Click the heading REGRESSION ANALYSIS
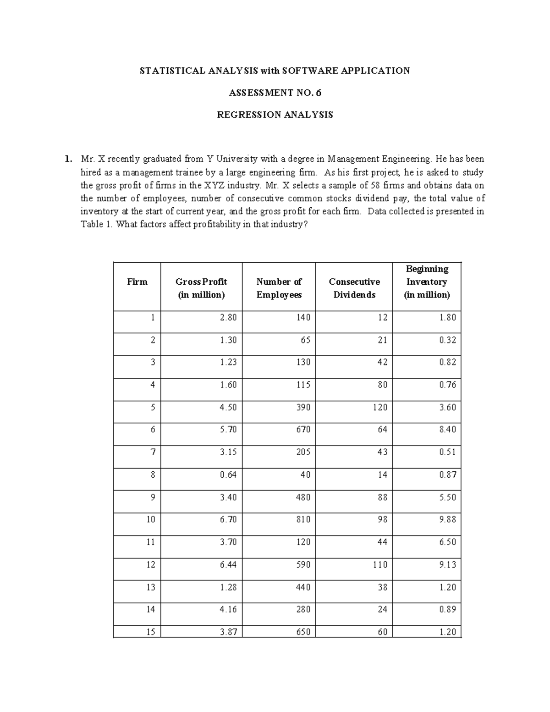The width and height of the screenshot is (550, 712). pos(275,115)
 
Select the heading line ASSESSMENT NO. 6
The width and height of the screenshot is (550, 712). pos(275,93)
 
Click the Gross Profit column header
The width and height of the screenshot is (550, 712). pos(201,288)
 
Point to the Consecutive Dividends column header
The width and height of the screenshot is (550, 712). pos(354,288)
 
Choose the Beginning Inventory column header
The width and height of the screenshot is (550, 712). pos(427,281)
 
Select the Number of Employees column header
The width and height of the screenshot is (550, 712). pos(279,288)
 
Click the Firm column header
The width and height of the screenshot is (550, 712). pos(137,281)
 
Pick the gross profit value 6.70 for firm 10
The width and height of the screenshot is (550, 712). pos(228,519)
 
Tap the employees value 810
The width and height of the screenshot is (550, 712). pos(303,519)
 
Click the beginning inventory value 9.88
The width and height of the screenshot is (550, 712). pos(447,519)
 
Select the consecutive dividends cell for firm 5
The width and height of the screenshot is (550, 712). pos(380,407)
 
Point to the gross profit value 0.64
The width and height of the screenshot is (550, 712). pos(228,475)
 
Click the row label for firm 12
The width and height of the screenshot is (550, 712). pos(151,564)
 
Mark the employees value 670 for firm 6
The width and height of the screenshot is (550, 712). pos(303,430)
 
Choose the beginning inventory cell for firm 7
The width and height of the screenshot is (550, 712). pos(447,452)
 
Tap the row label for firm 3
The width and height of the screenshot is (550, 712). pos(153,362)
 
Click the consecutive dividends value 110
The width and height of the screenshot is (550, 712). pos(380,564)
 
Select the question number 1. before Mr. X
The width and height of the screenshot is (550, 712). pos(68,159)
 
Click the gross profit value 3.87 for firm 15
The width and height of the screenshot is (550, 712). pos(228,632)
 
